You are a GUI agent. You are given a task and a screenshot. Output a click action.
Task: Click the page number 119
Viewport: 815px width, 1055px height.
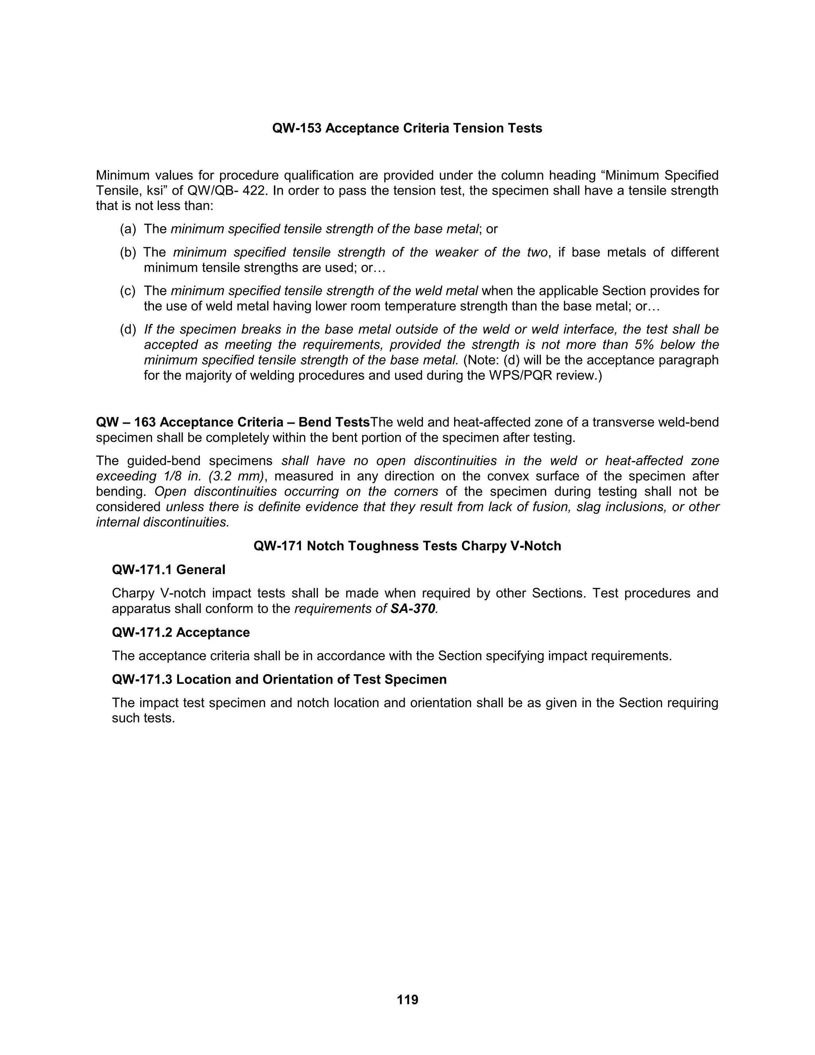click(407, 999)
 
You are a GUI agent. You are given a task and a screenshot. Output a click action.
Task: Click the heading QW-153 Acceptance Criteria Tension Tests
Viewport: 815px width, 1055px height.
click(407, 129)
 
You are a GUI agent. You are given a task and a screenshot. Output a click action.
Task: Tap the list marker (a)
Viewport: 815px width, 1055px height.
click(128, 229)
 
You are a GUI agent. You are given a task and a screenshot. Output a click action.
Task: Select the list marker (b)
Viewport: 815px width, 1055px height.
click(128, 252)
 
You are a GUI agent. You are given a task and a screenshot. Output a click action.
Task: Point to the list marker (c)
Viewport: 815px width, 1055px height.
click(128, 291)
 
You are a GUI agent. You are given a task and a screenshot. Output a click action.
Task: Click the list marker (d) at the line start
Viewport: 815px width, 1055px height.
click(128, 330)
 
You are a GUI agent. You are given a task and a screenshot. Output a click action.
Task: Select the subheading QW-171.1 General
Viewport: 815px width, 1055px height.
click(168, 570)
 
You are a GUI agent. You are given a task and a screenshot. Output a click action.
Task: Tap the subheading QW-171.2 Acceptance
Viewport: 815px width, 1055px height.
click(181, 633)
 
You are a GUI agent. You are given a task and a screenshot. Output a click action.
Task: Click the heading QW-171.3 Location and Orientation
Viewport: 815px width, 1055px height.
click(279, 680)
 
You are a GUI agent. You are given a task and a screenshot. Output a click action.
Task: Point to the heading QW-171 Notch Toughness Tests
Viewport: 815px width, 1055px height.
click(407, 546)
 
